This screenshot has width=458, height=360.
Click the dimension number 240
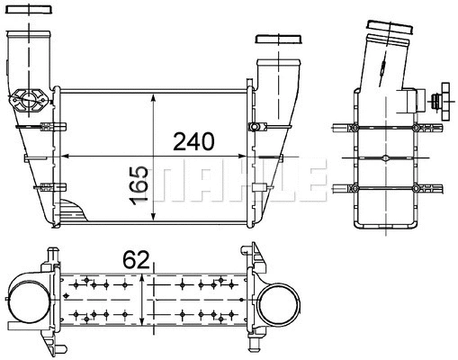tap(194, 141)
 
